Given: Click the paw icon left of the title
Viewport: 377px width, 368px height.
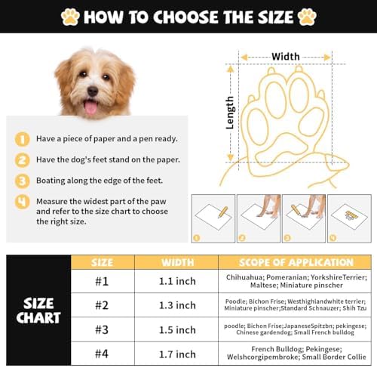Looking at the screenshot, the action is [x=70, y=17].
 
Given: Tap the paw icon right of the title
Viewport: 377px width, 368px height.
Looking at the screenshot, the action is [x=307, y=17].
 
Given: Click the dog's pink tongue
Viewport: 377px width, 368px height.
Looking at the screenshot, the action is [x=90, y=107].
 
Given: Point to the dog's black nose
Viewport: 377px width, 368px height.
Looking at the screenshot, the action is [x=93, y=91].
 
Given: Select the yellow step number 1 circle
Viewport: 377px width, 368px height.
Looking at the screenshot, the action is [x=22, y=139].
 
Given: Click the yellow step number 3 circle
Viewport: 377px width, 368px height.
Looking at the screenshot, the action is [x=22, y=181].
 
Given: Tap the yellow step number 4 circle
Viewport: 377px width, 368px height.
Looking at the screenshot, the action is [x=22, y=202].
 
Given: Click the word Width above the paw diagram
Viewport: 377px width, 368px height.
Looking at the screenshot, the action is [x=286, y=57].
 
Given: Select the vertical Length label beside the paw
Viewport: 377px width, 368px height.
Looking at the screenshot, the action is [x=230, y=113].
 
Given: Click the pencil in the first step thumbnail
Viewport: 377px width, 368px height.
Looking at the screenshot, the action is [x=222, y=212].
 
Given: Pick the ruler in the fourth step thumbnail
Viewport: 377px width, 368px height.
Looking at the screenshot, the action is [x=351, y=215].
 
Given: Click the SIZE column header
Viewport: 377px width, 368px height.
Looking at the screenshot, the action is [x=102, y=262].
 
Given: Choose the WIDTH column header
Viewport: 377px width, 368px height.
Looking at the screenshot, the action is [x=178, y=262].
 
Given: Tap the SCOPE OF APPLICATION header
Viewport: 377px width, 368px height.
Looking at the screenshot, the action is [x=296, y=262].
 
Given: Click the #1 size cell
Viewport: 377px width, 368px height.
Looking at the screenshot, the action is [x=102, y=281].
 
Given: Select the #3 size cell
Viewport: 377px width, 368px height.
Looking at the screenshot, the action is [x=102, y=329].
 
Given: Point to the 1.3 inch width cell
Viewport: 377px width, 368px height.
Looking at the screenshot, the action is [x=177, y=305].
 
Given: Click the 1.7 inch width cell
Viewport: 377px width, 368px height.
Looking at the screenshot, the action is [x=177, y=354].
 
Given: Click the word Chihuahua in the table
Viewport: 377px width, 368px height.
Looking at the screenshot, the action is [x=245, y=277].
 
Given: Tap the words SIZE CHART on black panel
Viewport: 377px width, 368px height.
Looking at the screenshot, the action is [x=38, y=311].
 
